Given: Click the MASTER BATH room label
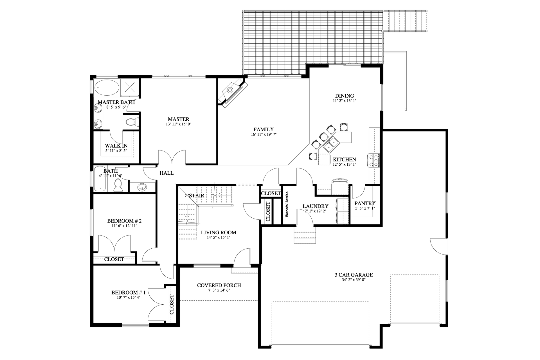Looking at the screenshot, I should click(116, 102).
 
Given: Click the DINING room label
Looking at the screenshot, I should click(344, 96).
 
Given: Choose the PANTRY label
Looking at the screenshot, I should click(365, 203).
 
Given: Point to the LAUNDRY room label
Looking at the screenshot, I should click(315, 206).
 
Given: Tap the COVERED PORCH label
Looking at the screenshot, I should click(219, 285).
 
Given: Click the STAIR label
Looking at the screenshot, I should click(196, 195).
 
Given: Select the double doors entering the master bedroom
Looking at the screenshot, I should click(172, 157).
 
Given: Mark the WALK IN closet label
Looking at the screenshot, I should click(116, 146).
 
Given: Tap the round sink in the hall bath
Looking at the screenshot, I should click(142, 187).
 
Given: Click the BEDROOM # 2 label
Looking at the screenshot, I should click(122, 221).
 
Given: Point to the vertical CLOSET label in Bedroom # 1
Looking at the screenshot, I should click(172, 304).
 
